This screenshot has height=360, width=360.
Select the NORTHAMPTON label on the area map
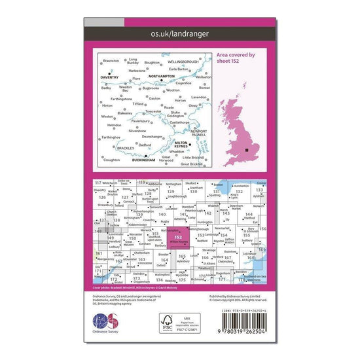pos(162,77)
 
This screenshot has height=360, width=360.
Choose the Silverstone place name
pos(137,131)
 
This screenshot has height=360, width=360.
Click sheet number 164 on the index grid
pos(164,259)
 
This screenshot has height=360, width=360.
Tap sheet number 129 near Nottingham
pos(171,191)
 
